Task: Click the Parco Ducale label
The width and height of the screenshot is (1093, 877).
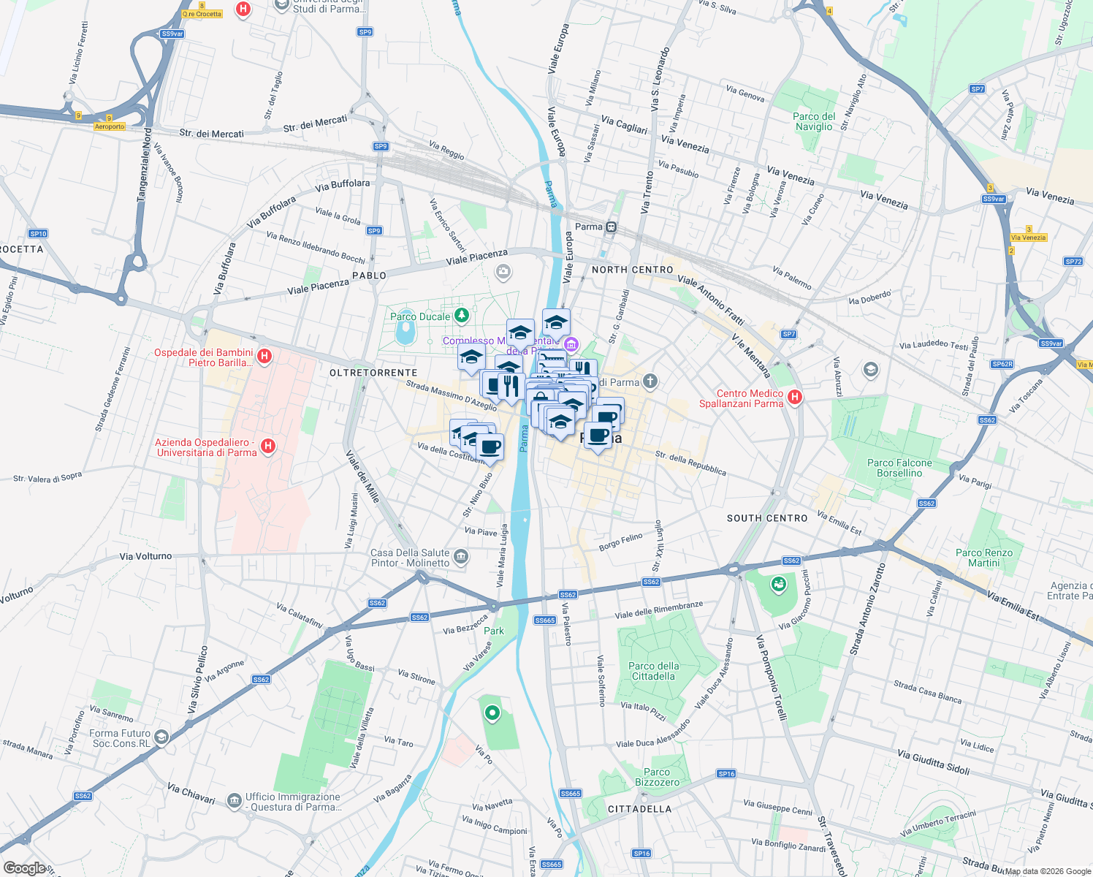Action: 420,316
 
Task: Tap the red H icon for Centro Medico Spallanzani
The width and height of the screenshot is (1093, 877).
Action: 795,397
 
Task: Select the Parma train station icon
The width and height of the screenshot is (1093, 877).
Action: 611,227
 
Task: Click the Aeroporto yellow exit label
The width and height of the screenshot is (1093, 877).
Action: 110,126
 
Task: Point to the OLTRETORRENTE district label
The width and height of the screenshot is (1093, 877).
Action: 373,373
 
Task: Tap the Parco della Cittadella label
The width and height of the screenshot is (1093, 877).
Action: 653,671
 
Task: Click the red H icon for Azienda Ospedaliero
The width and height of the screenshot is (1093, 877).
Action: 268,445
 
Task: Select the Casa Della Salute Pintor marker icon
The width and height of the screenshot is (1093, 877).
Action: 461,557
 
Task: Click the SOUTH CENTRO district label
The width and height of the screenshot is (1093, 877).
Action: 767,518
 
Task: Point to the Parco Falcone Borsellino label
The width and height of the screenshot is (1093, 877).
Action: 899,468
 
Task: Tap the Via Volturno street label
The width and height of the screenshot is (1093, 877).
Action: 145,556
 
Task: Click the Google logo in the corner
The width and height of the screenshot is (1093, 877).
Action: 24,867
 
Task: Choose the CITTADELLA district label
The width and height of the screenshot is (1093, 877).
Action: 639,809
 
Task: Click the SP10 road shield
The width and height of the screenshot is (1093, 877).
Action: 38,234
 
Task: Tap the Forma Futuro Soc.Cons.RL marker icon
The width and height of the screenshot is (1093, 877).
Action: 161,737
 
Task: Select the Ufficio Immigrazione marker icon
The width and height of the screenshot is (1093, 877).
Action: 234,801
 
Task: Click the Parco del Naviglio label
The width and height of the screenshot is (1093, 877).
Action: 814,121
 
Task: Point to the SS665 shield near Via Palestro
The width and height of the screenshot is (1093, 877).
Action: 545,620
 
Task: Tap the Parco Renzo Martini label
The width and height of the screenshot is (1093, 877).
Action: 983,558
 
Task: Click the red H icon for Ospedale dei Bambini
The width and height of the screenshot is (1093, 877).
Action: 264,356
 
